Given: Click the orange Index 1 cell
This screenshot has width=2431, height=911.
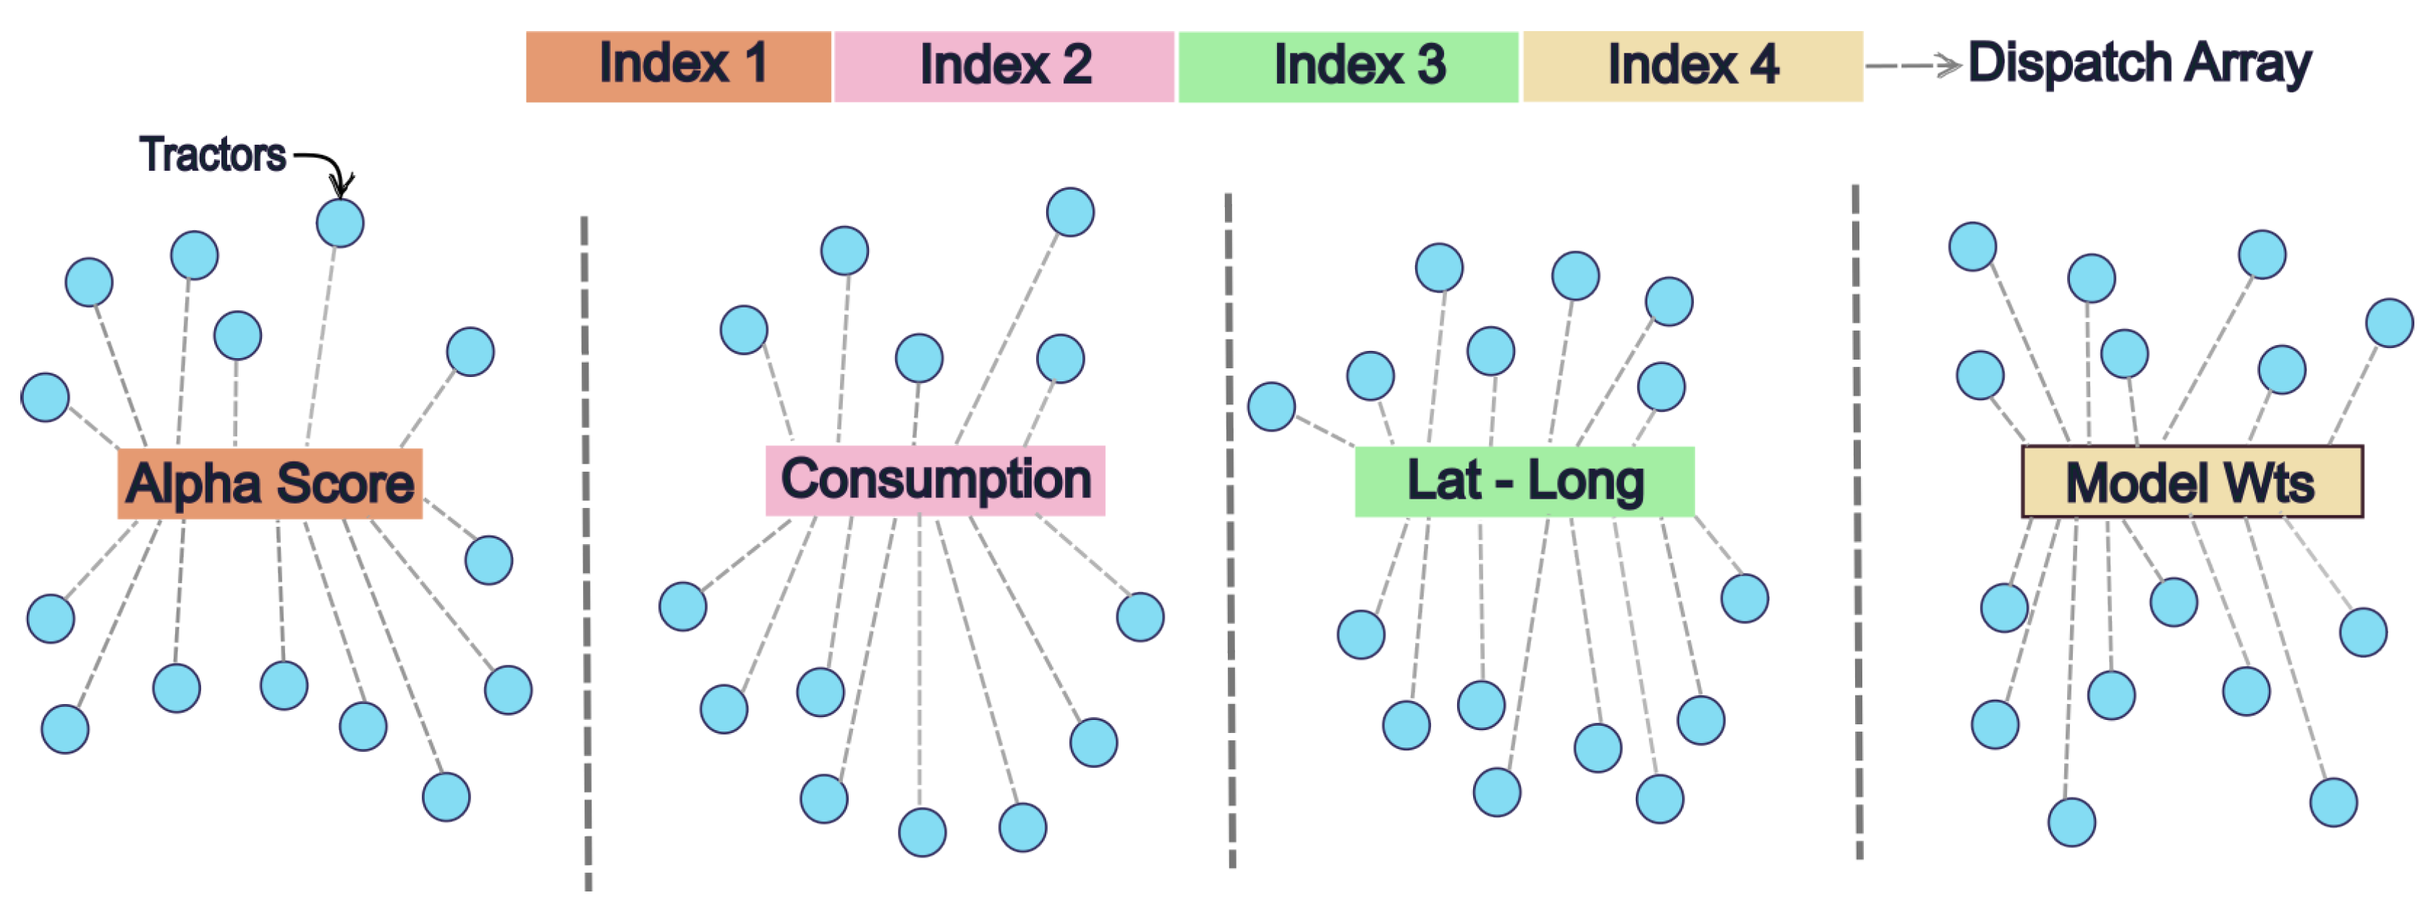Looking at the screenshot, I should pyautogui.click(x=679, y=66).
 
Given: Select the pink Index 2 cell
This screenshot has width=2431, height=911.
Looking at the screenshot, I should pyautogui.click(x=1004, y=66).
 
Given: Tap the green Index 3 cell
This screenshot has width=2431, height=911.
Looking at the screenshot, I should pyautogui.click(x=1349, y=66).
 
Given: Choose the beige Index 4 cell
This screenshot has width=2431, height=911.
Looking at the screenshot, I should pyautogui.click(x=1693, y=66).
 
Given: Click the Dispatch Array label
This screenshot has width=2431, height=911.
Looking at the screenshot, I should pyautogui.click(x=2139, y=64).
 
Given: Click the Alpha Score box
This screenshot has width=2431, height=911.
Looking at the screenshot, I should pyautogui.click(x=270, y=483).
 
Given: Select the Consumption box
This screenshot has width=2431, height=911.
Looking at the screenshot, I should pyautogui.click(x=936, y=480).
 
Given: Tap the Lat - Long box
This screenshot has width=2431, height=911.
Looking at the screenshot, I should pyautogui.click(x=1524, y=481).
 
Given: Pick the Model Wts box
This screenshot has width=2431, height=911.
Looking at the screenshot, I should pyautogui.click(x=2192, y=481).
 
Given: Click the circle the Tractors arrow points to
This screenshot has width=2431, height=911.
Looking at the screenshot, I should pyautogui.click(x=340, y=223).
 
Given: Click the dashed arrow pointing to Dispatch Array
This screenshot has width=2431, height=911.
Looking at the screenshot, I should pyautogui.click(x=1914, y=65).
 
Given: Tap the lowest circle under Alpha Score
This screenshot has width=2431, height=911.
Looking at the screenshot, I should pyautogui.click(x=446, y=797).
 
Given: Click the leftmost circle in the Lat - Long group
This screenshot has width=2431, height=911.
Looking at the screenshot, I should pyautogui.click(x=1271, y=406).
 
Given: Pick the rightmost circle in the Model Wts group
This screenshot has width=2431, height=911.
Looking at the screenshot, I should pyautogui.click(x=2390, y=323).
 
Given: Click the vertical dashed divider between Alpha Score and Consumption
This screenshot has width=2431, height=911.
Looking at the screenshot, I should pyautogui.click(x=586, y=552).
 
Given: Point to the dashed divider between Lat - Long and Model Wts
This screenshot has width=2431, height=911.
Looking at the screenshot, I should pyautogui.click(x=1857, y=524).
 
